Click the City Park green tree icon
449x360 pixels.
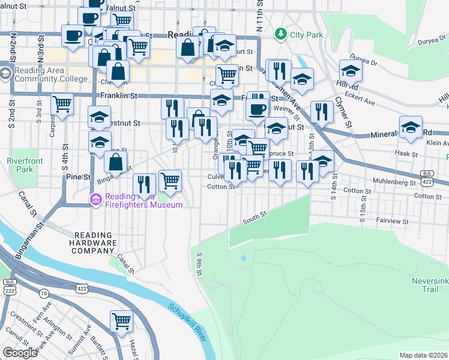[x=280, y=35]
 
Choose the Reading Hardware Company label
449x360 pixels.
[x=95, y=243]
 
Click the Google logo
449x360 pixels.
[x=20, y=352]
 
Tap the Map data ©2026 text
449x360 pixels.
[x=423, y=355]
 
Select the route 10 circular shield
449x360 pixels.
[x=44, y=293]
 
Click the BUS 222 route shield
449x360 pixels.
[x=9, y=286]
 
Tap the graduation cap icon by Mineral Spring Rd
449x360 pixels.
[x=411, y=128]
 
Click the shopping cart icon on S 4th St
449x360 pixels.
[x=62, y=104]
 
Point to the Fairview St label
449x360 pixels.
[x=394, y=221]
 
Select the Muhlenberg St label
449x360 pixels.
[x=394, y=182]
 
